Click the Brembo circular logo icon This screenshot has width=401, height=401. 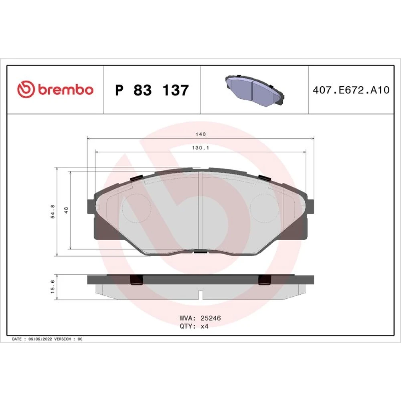26,89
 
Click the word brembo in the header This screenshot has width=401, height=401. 66,89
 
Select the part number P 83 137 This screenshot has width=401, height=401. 152,90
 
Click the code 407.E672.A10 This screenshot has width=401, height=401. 351,90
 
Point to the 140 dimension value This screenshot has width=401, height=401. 200,134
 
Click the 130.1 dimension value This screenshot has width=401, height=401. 200,148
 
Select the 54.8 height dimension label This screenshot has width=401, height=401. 53,211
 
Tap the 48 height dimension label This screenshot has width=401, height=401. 66,210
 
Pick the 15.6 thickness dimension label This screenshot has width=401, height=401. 53,286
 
